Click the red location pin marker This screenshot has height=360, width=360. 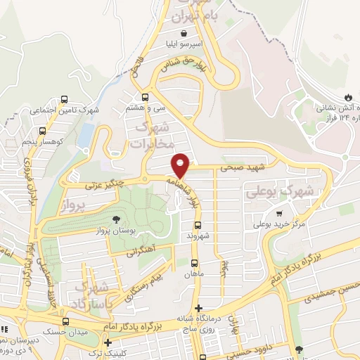[181, 165]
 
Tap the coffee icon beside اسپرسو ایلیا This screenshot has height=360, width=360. [184, 33]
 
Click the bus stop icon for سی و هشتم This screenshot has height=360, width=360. [145, 97]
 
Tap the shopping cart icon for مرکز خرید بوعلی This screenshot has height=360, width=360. [280, 213]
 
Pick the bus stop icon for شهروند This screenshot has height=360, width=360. [198, 225]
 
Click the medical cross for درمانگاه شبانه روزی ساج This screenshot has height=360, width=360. [199, 307]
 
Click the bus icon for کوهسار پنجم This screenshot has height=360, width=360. [43, 130]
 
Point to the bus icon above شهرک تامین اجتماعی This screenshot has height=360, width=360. [65, 99]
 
